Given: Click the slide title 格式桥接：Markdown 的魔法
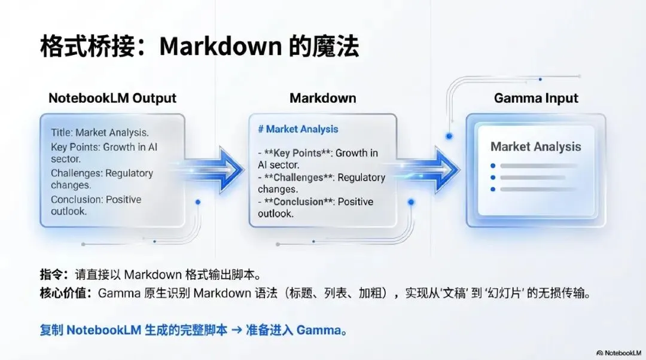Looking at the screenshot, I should (199, 47).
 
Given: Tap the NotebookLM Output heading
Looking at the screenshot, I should (112, 98).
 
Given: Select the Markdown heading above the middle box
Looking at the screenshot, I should (322, 98).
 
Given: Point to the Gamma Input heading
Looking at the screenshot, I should (536, 98).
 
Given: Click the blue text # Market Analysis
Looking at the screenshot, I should (298, 129).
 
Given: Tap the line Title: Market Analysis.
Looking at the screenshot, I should (100, 133).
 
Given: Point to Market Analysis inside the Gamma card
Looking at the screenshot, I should (535, 147).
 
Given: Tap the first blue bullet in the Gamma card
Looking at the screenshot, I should (492, 166).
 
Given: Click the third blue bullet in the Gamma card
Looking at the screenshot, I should (492, 190).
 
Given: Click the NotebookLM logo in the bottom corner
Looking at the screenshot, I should (618, 353).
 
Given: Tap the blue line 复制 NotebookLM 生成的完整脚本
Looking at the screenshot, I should (133, 330).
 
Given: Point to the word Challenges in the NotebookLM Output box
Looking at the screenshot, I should (77, 173).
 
